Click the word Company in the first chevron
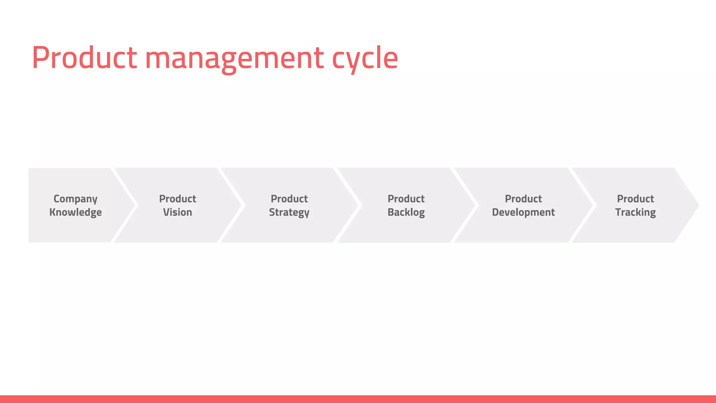(x=76, y=199)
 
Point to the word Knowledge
(x=76, y=212)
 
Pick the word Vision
(x=178, y=212)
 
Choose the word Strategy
(x=289, y=213)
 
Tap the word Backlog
(x=406, y=212)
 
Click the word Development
(x=523, y=212)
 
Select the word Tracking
(x=636, y=212)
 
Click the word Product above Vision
(x=178, y=199)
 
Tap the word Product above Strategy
(x=289, y=199)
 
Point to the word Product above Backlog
(x=406, y=199)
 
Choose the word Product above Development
(x=523, y=199)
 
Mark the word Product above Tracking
(x=636, y=199)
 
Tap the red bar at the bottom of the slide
(x=358, y=399)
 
